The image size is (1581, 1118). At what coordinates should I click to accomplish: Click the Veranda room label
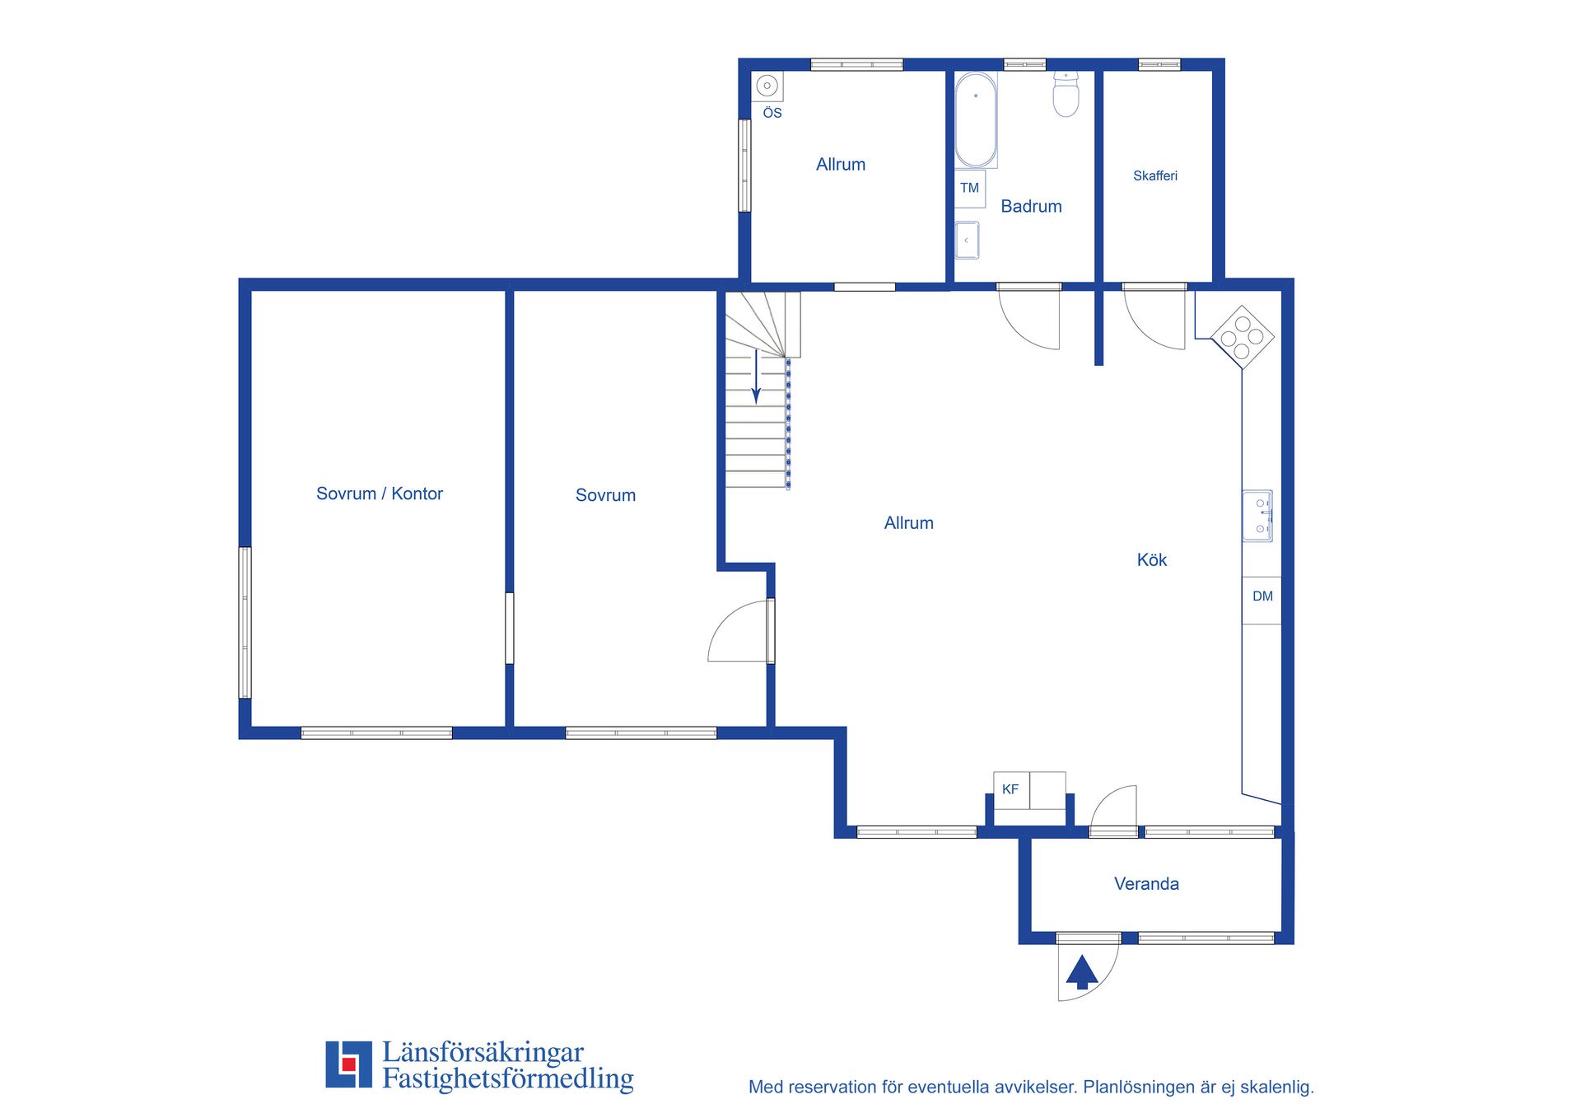(1146, 884)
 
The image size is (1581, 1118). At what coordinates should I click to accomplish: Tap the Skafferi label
(1155, 175)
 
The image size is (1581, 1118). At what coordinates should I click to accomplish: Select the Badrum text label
(1031, 207)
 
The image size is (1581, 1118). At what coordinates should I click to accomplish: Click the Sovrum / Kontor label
(380, 494)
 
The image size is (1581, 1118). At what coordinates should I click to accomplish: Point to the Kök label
(1152, 560)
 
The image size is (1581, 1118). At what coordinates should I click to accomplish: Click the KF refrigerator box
(1012, 790)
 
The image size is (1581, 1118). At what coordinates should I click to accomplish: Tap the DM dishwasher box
(1262, 600)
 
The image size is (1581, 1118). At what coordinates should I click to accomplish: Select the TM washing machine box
(970, 189)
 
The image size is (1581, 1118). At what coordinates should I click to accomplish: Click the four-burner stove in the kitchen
(1243, 337)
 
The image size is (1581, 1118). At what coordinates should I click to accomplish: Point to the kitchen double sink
(1257, 516)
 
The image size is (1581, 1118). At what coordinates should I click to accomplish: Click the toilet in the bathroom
(1066, 94)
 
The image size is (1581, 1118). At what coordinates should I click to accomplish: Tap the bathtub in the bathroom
(976, 120)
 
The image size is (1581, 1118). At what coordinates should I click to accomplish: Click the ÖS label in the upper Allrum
(772, 113)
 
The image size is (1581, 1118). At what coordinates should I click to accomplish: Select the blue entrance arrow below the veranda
(1082, 972)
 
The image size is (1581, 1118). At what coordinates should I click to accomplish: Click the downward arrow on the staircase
(756, 377)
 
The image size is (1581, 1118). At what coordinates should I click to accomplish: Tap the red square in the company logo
(348, 1064)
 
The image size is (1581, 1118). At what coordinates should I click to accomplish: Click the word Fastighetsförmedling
(508, 1079)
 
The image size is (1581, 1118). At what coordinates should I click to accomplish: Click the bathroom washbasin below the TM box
(967, 241)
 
